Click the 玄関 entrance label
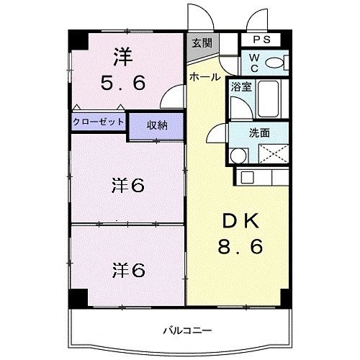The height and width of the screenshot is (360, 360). coord(202,42)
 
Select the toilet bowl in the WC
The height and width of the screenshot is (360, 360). coord(274,63)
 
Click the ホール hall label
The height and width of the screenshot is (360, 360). coord(205,77)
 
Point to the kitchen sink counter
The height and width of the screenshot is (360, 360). coord(262,176)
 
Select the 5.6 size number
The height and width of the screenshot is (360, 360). coord(122,83)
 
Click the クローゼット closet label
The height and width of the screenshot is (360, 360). coord(98,122)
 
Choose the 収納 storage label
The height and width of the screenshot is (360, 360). coord(157,125)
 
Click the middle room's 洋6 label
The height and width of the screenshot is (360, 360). coord(128,185)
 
